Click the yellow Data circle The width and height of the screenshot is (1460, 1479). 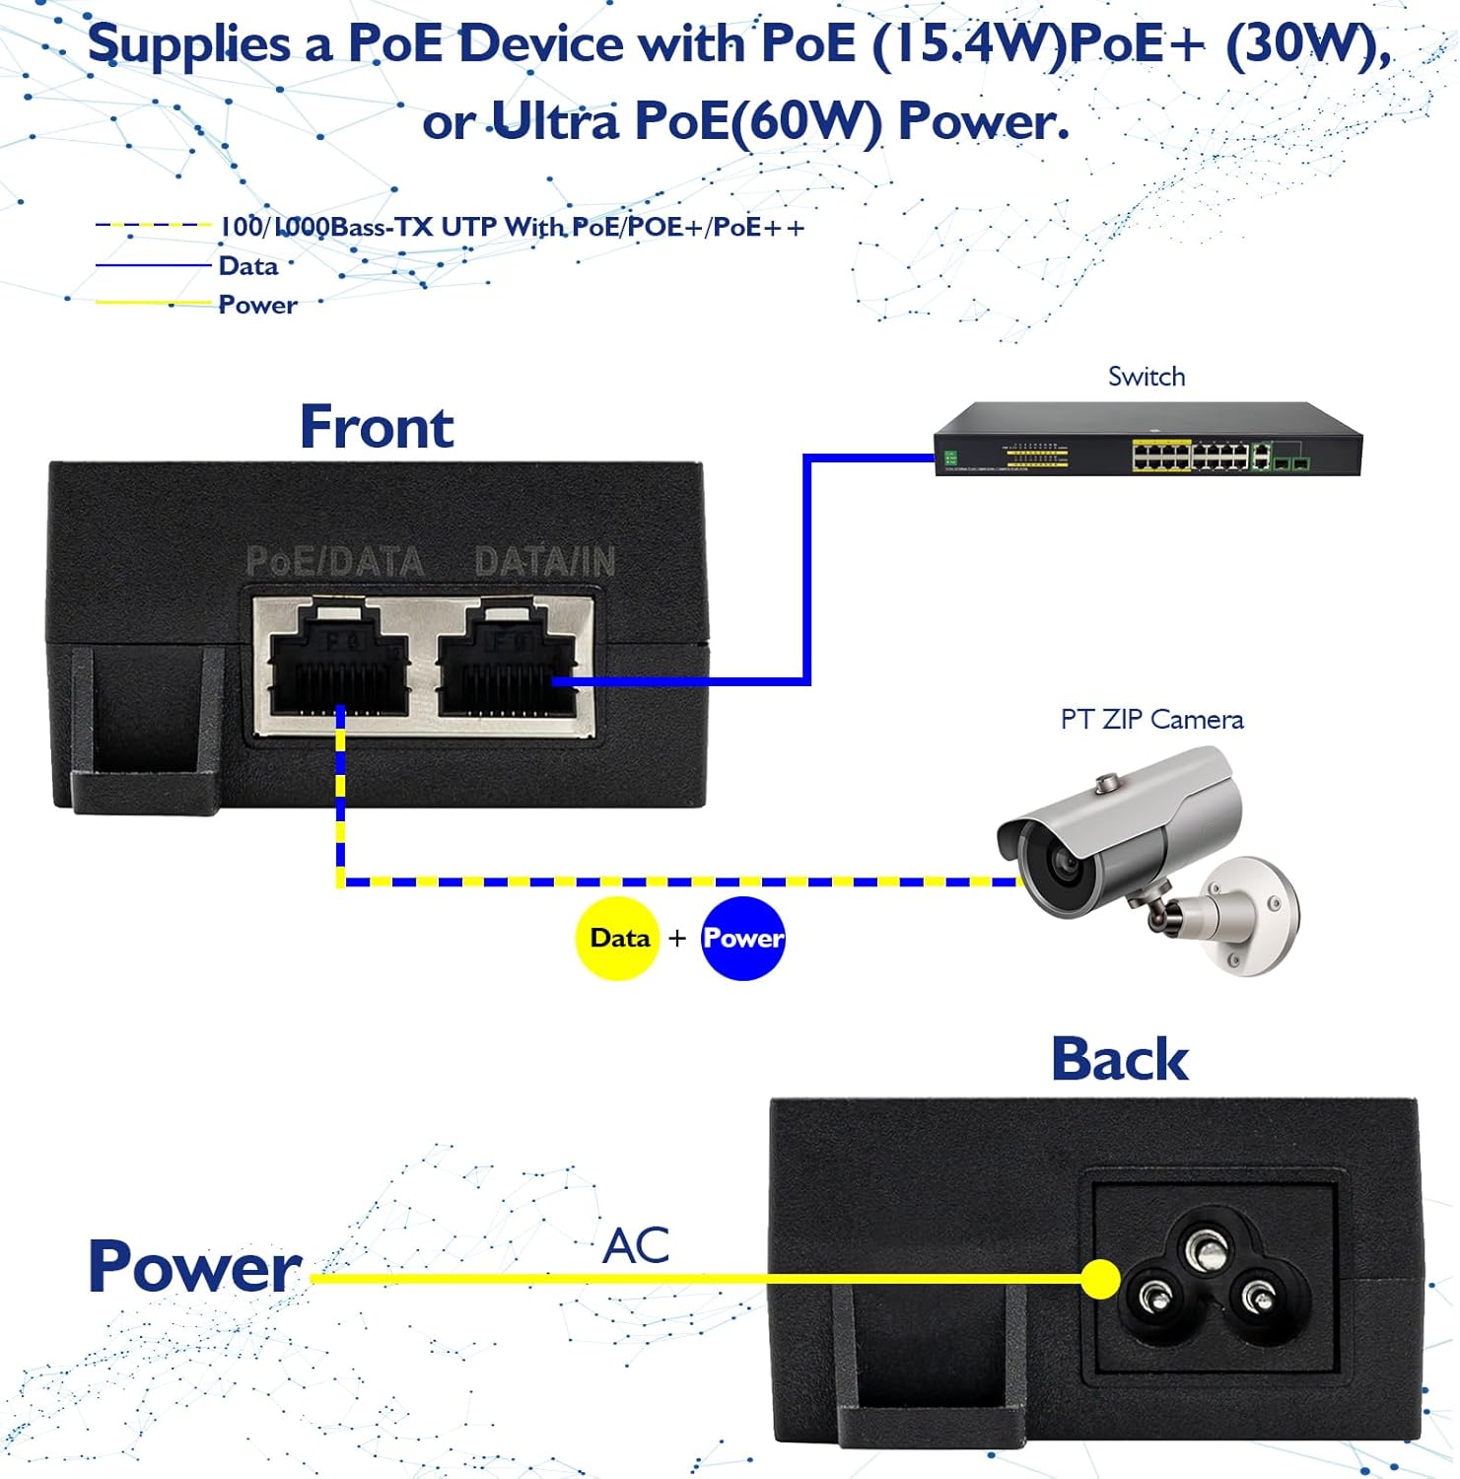[618, 938]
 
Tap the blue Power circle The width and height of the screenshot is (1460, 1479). [743, 938]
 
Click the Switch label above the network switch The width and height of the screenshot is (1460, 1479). [1147, 377]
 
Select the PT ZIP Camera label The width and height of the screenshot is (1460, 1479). [1151, 720]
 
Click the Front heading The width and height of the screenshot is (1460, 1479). [377, 427]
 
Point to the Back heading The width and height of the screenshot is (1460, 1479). [1120, 1060]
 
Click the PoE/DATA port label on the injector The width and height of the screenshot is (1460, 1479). [334, 562]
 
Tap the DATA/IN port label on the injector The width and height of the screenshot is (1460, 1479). [545, 562]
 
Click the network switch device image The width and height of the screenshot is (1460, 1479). [1148, 439]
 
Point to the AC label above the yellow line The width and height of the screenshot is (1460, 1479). [637, 1245]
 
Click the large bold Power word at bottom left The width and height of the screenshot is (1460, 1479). [194, 1266]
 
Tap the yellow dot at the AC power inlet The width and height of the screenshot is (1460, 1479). [1101, 1280]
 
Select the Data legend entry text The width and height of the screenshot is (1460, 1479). [248, 266]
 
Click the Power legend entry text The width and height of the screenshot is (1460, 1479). [257, 305]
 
